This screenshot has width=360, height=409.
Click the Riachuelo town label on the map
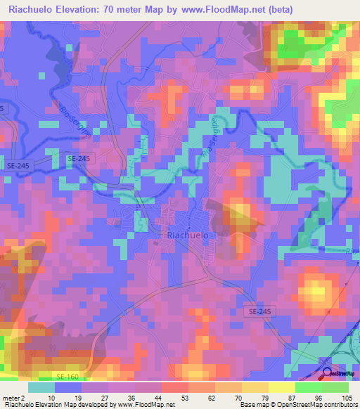[x=188, y=237]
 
